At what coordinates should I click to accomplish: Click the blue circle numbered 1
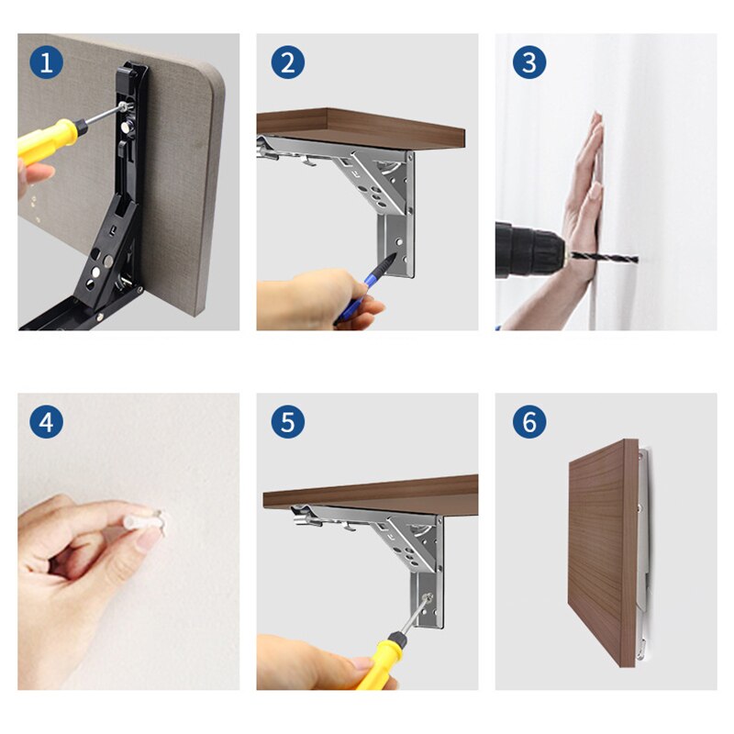47,62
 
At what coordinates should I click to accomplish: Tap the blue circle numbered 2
288,62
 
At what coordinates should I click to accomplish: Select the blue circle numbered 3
529,62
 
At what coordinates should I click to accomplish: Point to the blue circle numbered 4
47,422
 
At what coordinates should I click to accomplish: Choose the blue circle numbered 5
288,422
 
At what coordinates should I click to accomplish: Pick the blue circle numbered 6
529,422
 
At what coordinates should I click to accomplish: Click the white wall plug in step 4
144,520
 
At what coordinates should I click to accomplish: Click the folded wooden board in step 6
603,552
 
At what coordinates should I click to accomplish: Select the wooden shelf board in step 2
361,128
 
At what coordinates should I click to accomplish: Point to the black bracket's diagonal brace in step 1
107,253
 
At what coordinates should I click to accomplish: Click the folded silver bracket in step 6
644,552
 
